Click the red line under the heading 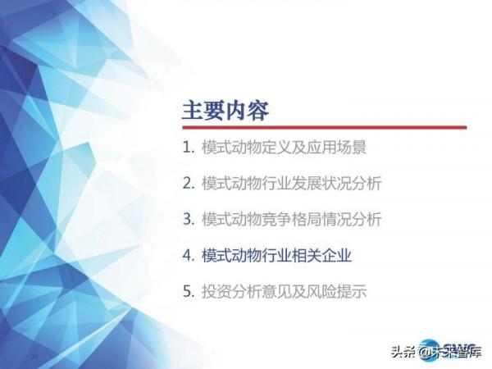tap(324, 127)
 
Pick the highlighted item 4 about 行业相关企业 tap(266, 255)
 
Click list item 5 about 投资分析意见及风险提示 tap(274, 291)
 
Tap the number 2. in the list tap(188, 184)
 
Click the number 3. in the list tap(188, 220)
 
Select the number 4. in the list tap(188, 255)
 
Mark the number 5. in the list tap(188, 291)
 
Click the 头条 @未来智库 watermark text tap(435, 352)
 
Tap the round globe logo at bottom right tap(428, 348)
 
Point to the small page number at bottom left tap(34, 357)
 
